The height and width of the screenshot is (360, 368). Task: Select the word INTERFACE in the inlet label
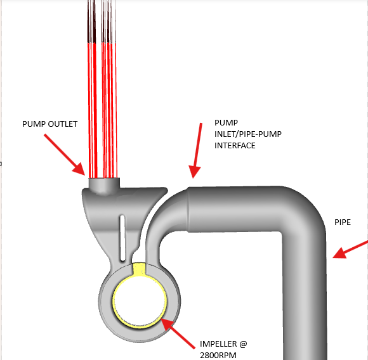click(x=235, y=146)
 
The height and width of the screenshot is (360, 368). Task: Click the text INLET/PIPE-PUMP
click(x=248, y=134)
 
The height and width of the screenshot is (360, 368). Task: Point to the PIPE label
click(x=343, y=222)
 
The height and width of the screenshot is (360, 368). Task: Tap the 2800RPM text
click(x=218, y=356)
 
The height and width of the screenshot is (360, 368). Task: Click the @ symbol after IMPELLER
click(x=243, y=344)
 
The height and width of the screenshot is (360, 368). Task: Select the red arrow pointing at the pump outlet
click(x=64, y=155)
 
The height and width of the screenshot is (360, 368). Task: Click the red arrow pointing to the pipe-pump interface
click(x=197, y=150)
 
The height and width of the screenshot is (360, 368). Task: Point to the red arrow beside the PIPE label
click(x=350, y=250)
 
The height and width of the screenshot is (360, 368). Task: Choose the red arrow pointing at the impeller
click(x=178, y=333)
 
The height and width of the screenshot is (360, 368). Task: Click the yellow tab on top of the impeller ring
click(x=140, y=269)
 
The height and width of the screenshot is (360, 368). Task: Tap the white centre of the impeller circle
click(x=140, y=300)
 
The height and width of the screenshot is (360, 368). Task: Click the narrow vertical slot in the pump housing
click(x=122, y=238)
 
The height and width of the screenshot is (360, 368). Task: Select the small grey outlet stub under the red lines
click(x=104, y=185)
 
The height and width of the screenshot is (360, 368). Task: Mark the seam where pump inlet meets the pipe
click(x=188, y=210)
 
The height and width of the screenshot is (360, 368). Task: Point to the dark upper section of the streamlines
click(x=102, y=22)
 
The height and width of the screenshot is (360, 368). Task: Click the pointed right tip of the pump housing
click(x=167, y=189)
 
